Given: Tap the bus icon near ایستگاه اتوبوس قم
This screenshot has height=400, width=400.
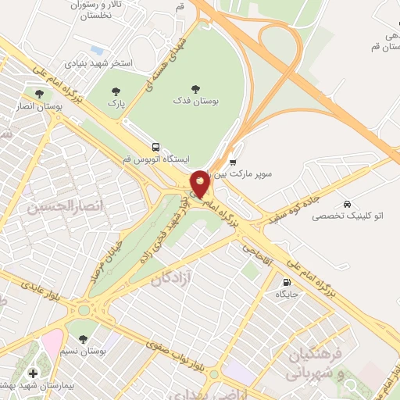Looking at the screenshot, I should tap(155, 146).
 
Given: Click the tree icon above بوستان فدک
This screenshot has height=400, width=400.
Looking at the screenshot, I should tap(195, 89).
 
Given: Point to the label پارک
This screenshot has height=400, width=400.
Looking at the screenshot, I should tap(116, 102).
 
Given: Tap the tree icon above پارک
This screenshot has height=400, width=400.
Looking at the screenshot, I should tap(116, 90).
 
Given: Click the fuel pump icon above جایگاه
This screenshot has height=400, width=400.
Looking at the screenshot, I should tap(287, 282).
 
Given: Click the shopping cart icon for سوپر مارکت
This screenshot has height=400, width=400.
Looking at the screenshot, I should tap(233, 162).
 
